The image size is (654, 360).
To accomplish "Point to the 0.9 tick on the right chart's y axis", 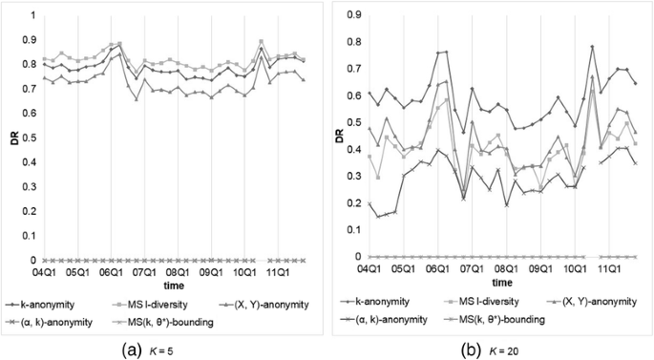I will click(352, 16).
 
